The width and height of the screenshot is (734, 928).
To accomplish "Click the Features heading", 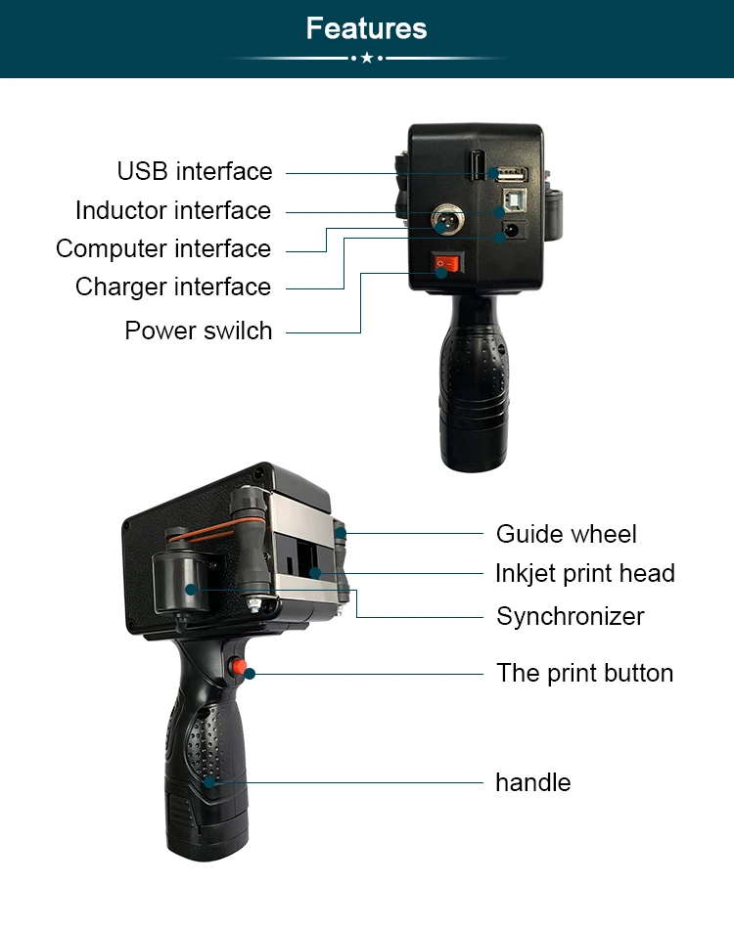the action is click(x=366, y=28).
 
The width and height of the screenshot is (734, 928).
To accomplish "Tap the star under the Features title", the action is click(x=366, y=59).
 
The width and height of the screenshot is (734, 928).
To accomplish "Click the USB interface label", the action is click(x=195, y=171).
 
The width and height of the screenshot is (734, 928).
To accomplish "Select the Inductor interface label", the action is click(x=173, y=210).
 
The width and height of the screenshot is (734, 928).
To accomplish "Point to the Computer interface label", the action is click(x=163, y=248).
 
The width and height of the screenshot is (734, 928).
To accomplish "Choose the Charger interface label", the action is click(x=173, y=287).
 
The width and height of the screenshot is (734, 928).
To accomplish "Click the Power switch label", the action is click(x=199, y=331).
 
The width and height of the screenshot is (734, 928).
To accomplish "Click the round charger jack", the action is click(x=510, y=233).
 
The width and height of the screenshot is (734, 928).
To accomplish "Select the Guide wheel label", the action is click(x=566, y=534).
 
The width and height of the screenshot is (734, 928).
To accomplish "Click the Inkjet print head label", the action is click(x=585, y=573).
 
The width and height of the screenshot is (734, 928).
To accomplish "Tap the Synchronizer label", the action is click(x=571, y=616).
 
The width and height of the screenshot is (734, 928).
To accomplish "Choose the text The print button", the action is click(x=585, y=673).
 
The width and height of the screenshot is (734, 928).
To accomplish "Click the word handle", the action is click(x=532, y=782).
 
